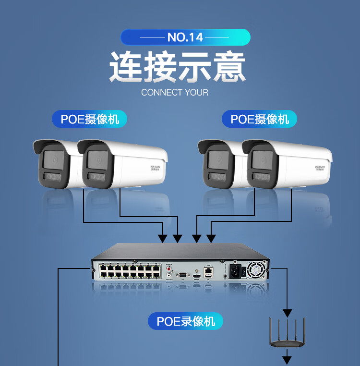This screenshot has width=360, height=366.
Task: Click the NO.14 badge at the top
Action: tap(185, 37)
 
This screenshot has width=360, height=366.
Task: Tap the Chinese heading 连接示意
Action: tap(178, 67)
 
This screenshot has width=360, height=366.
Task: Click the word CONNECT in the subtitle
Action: tap(162, 92)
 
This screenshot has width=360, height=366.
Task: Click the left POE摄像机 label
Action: tap(89, 119)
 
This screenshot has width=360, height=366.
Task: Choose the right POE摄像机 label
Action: tap(259, 119)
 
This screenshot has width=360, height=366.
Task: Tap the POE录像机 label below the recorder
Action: tap(185, 321)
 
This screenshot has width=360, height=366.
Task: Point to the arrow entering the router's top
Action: tap(287, 313)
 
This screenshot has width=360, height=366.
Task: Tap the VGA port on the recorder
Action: tap(183, 275)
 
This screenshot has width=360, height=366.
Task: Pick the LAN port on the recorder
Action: tap(208, 270)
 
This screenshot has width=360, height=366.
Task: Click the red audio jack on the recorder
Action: tap(168, 269)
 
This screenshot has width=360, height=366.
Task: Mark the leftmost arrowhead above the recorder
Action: tap(163, 238)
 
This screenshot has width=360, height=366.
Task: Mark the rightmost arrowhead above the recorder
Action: tap(210, 238)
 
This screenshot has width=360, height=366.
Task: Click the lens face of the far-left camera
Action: tap(52, 160)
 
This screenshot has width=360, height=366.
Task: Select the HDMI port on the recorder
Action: tap(197, 277)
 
